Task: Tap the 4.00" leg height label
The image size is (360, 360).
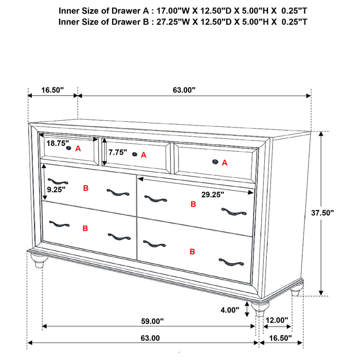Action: click(229, 310)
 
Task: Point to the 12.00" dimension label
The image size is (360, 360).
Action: click(277, 320)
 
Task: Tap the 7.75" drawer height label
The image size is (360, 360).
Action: click(118, 153)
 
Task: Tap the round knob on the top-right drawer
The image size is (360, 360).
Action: click(215, 163)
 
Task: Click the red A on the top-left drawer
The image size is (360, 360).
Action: click(78, 148)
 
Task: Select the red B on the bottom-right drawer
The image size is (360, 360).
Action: click(192, 251)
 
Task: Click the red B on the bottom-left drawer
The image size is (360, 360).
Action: click(85, 227)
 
